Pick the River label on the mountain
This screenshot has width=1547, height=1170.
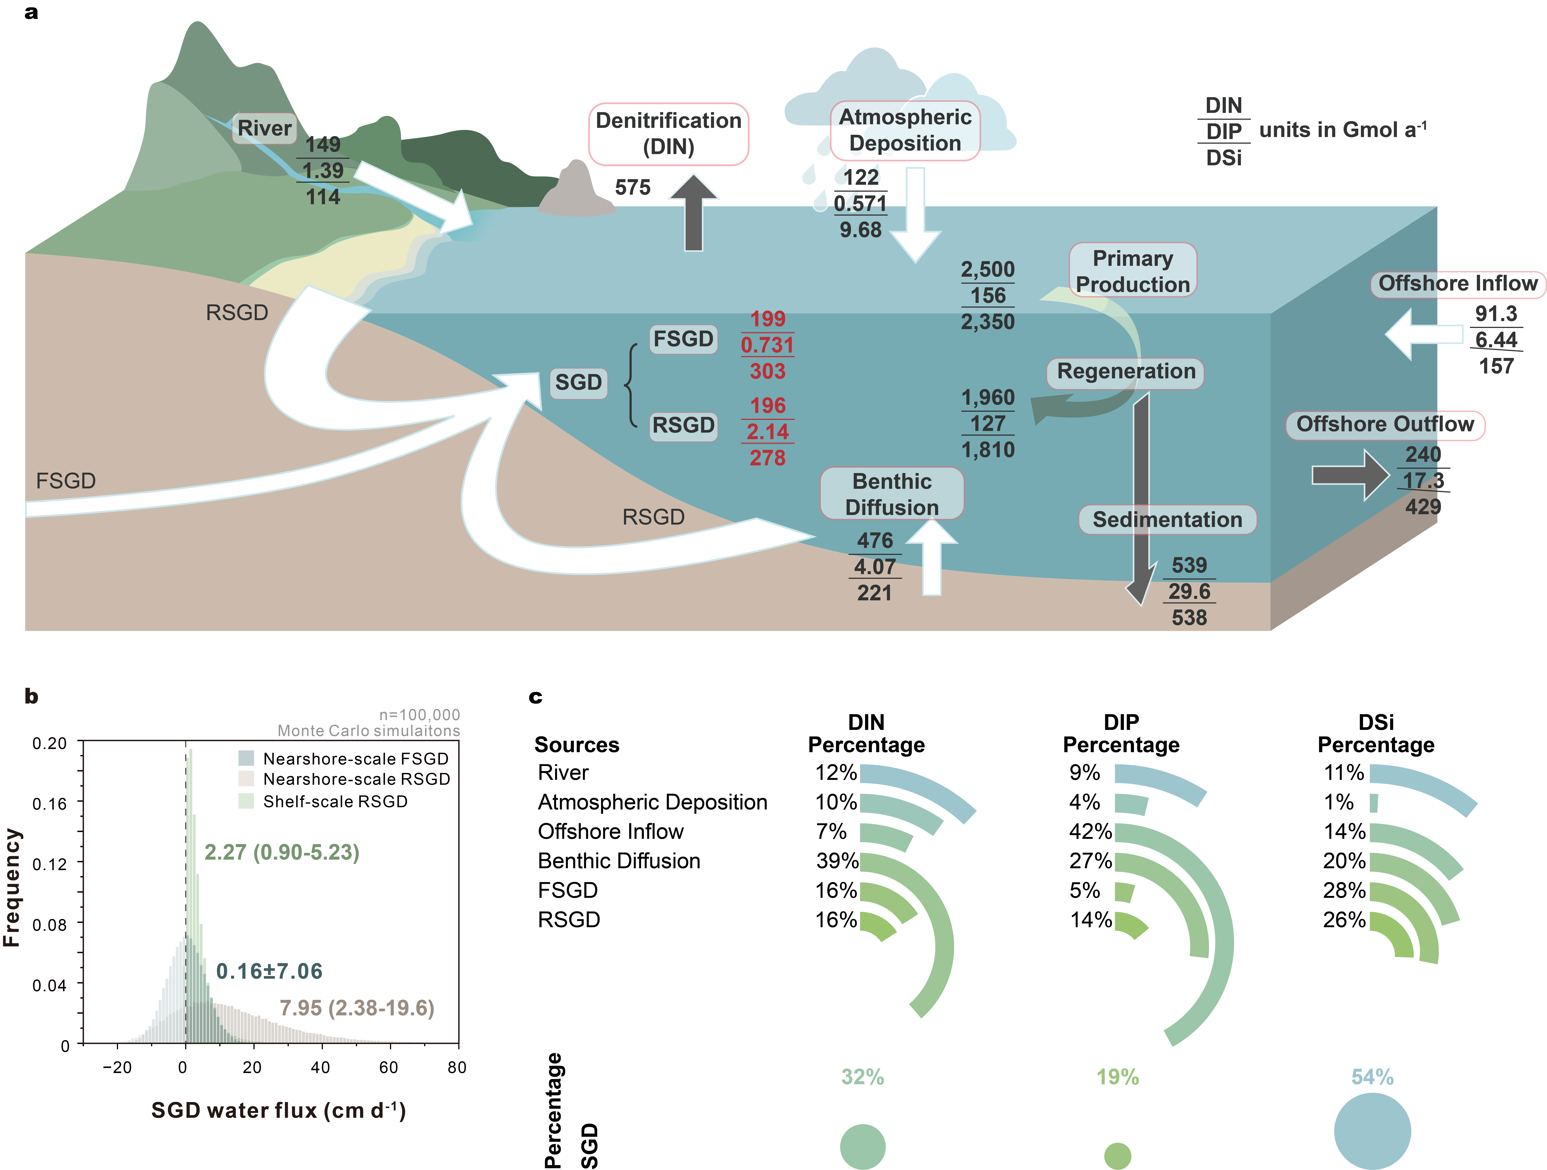264,128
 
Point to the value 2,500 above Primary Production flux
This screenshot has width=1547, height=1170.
988,269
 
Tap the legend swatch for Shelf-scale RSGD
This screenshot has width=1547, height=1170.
246,801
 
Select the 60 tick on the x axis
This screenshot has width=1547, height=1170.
389,1067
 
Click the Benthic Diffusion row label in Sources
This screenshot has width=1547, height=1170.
619,861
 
